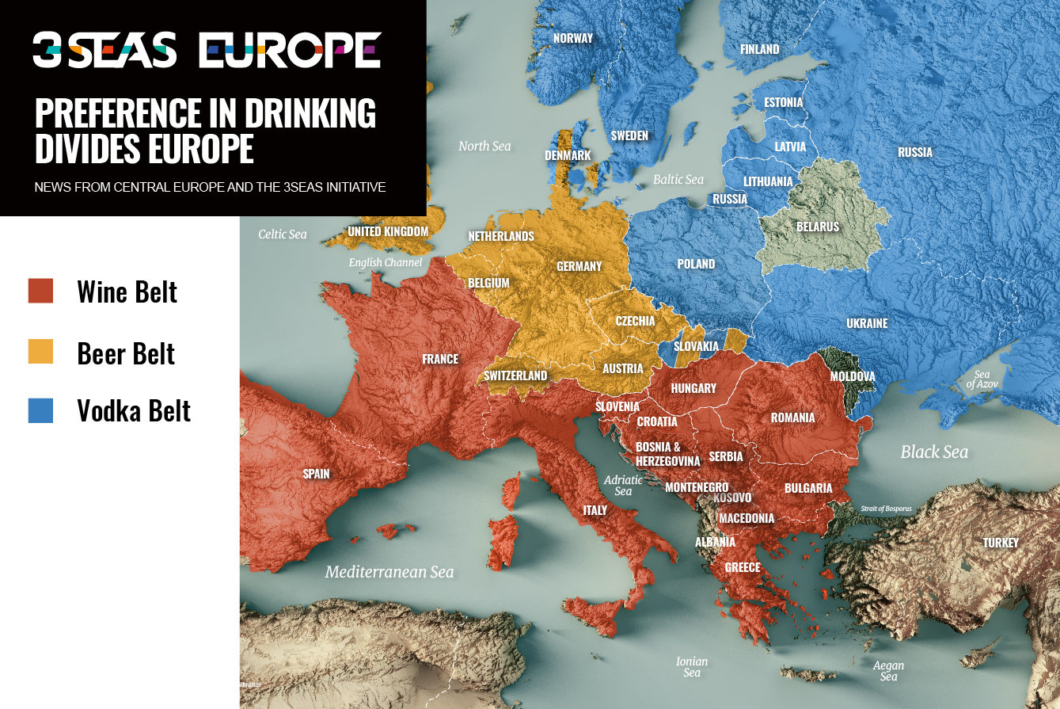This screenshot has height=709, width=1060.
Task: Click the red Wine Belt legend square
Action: coord(40,291)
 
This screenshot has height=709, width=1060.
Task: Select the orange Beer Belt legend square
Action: coord(40,351)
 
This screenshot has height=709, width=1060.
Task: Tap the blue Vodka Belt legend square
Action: coord(40,410)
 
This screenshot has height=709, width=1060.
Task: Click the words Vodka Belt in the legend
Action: coord(134,411)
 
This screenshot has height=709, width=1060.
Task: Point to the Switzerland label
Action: coord(515,375)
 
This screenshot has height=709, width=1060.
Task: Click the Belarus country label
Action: coord(817,227)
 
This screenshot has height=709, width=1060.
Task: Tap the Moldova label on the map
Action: coord(852,376)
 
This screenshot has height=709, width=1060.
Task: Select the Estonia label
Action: coord(783,102)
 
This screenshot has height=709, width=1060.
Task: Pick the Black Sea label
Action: coord(934,452)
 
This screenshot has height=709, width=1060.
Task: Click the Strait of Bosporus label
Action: coord(886,509)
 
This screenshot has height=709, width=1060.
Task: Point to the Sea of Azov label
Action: coord(982,379)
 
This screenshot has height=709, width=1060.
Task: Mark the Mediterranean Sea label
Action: coord(389,572)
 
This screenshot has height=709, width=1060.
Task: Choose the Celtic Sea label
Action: coord(283,234)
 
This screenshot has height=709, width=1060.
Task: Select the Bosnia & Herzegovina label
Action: coord(667,454)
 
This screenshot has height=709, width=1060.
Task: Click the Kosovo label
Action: coord(732,497)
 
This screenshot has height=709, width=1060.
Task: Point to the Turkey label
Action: coord(1001,543)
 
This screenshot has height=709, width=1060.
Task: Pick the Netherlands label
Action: coord(500,236)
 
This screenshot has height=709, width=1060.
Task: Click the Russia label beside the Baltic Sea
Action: coord(729,199)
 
